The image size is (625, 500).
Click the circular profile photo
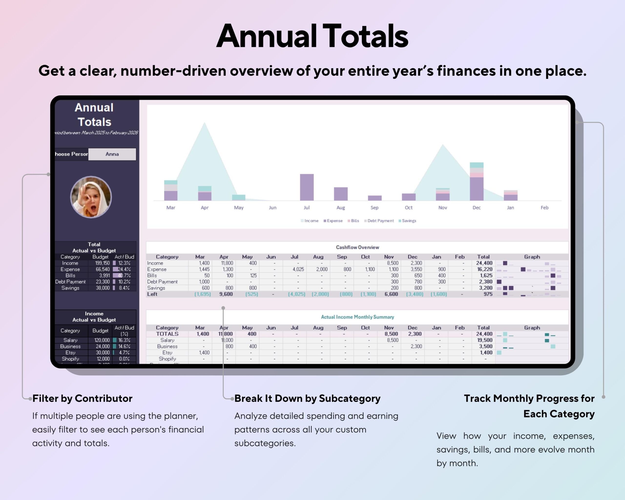91,197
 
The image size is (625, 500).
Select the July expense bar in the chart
307,187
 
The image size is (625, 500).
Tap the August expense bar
341,194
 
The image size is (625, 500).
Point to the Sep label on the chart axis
374,208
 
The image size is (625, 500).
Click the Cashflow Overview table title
357,247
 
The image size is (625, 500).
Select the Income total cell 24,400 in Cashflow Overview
484,263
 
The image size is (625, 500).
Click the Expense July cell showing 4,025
298,269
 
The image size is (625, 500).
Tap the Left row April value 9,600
226,294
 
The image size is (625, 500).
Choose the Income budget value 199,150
102,263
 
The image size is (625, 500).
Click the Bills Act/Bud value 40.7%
124,276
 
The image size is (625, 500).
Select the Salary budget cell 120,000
102,340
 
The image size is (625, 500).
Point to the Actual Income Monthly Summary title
357,317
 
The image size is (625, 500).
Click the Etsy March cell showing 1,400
204,353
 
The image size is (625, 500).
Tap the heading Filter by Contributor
82,398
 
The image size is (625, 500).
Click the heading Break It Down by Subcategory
307,398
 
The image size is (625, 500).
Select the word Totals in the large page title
365,36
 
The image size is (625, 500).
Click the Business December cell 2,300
416,346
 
